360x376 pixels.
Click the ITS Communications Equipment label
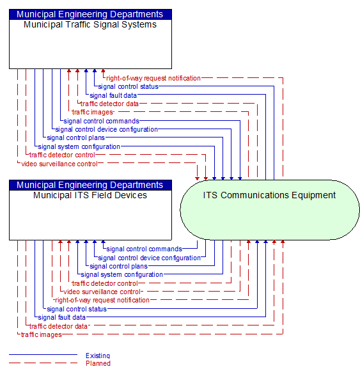(x=269, y=195)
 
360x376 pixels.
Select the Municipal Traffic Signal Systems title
(x=90, y=25)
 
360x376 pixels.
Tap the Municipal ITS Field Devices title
(x=90, y=195)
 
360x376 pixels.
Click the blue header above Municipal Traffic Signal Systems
(x=90, y=14)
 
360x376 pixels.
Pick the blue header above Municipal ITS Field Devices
(x=90, y=185)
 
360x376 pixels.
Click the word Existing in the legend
(x=98, y=356)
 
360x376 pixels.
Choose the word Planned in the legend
(x=98, y=363)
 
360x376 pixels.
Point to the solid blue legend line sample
(x=43, y=354)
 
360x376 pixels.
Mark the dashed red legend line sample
(x=43, y=363)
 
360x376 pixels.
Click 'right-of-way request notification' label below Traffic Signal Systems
(x=153, y=78)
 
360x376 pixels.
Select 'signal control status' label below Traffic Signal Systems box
(x=129, y=86)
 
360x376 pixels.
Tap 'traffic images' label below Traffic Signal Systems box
(x=92, y=113)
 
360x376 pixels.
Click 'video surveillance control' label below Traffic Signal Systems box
(x=59, y=164)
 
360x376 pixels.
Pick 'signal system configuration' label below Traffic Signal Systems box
(x=79, y=146)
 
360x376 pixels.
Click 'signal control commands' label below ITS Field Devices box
(x=144, y=249)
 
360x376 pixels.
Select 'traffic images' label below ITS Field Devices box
(x=42, y=334)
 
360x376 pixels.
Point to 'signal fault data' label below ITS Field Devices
(x=61, y=317)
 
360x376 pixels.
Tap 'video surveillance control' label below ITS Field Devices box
(x=102, y=292)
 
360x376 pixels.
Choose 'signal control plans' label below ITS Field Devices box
(x=118, y=266)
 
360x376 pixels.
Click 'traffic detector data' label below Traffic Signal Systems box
(x=109, y=104)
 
